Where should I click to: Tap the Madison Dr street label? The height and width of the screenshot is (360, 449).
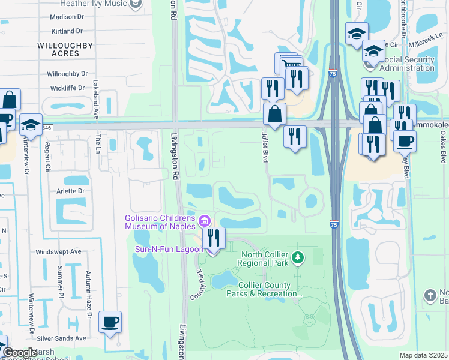(x=67, y=17)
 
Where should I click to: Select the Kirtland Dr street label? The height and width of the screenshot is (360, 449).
(x=67, y=31)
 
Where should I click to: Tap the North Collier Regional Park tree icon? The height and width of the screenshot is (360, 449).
(x=297, y=258)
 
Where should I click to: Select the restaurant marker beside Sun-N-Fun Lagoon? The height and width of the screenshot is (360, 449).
(x=213, y=239)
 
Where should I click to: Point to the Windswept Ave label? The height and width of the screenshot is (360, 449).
(x=58, y=252)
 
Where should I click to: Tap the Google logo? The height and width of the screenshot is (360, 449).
(x=20, y=353)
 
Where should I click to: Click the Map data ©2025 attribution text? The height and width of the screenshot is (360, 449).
(x=423, y=355)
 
